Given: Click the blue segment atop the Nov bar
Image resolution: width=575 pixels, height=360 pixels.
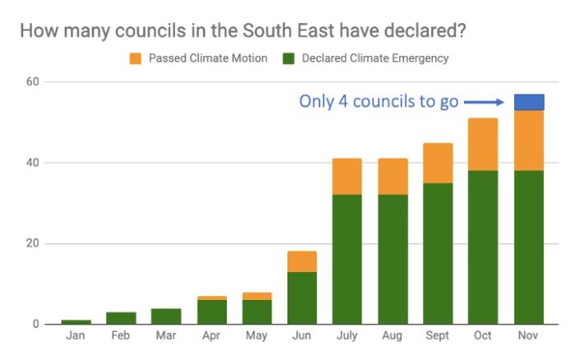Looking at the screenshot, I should click(x=529, y=102).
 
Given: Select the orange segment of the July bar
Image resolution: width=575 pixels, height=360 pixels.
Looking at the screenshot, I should click(x=347, y=176).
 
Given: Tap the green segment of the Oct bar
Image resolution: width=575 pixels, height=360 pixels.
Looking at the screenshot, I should click(x=483, y=247).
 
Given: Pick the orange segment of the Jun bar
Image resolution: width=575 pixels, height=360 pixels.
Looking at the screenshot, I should click(x=301, y=261).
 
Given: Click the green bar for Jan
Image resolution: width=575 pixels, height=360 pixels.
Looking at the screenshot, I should click(x=76, y=321).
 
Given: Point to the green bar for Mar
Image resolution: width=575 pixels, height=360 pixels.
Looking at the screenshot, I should click(x=166, y=316).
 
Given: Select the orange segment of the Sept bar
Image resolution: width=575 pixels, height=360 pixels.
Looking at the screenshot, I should click(x=438, y=163).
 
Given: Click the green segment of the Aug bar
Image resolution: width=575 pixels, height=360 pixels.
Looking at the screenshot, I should click(x=393, y=259).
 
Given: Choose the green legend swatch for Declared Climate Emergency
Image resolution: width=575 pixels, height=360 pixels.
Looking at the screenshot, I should click(x=288, y=58).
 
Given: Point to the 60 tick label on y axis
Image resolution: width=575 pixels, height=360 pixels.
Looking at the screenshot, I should click(x=33, y=82).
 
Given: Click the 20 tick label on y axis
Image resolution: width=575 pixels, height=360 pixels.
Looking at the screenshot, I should click(x=33, y=243).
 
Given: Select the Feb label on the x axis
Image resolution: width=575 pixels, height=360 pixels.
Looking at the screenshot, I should click(x=121, y=337).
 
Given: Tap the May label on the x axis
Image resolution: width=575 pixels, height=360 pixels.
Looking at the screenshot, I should click(x=257, y=337).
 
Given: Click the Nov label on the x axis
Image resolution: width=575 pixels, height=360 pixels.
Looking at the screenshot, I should click(x=529, y=337).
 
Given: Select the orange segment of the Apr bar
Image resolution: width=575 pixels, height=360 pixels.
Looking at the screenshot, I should click(x=211, y=298).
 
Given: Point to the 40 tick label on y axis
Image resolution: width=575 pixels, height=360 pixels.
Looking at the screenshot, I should click(x=33, y=163).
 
